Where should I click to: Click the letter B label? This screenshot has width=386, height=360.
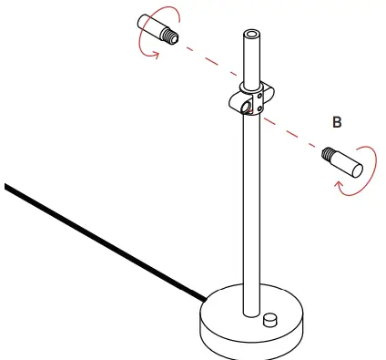(x=336, y=123)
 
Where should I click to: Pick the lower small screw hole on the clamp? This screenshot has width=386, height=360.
(x=259, y=110)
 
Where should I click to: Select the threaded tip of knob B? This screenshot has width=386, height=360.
(x=327, y=156)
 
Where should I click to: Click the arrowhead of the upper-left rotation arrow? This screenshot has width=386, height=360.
(x=154, y=53)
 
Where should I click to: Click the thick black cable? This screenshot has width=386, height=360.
(x=100, y=241)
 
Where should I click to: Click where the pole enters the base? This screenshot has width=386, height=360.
(x=249, y=310)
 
